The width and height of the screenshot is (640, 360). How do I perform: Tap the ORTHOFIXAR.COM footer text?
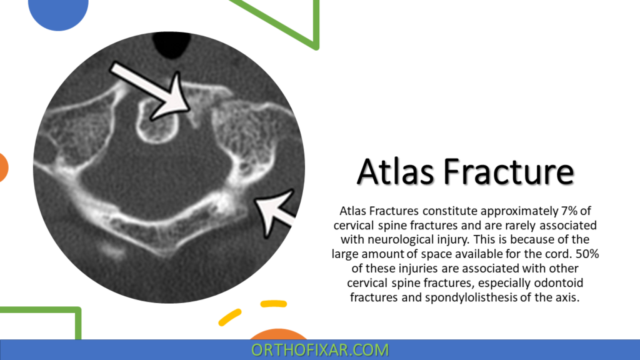(x=320, y=350)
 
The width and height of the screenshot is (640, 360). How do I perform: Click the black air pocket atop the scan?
(x=169, y=44)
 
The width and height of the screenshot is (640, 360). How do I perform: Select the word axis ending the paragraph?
(x=566, y=297)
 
